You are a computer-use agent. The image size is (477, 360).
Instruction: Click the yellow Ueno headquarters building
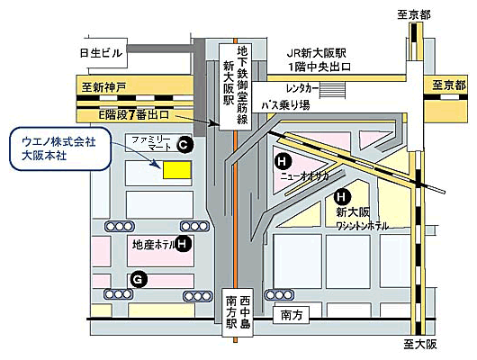pos(177,170)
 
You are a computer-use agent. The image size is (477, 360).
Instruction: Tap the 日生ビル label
pos(101,53)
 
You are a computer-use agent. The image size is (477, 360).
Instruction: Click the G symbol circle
pos(139,280)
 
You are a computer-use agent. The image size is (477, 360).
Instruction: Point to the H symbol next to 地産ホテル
pos(183,244)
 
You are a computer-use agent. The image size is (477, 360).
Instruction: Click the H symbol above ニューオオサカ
pos(282,161)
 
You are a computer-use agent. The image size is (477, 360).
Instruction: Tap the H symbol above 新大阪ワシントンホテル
pos(341,197)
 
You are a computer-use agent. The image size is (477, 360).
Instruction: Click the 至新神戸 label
pos(103,88)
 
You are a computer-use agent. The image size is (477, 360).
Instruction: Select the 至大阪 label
pos(420,345)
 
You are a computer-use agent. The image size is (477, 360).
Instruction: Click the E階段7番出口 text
pos(134,115)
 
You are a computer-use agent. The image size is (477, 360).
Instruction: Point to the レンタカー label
pos(302,89)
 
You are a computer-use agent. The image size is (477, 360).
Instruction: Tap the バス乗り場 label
pos(286,105)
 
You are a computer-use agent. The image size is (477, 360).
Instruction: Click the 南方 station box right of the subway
pos(291,315)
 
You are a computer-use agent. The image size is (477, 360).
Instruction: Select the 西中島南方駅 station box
pos(238,312)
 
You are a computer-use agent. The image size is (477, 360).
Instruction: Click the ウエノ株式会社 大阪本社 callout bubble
pos(60,148)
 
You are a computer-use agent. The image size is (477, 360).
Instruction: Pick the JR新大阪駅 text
pos(317,54)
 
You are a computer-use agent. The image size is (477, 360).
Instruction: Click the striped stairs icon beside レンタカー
pos(332,90)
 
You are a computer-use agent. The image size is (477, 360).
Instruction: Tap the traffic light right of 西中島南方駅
pos(279,295)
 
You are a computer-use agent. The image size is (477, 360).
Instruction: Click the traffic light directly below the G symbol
pos(119,294)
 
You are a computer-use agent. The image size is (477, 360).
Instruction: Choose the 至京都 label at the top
pos(414,15)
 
